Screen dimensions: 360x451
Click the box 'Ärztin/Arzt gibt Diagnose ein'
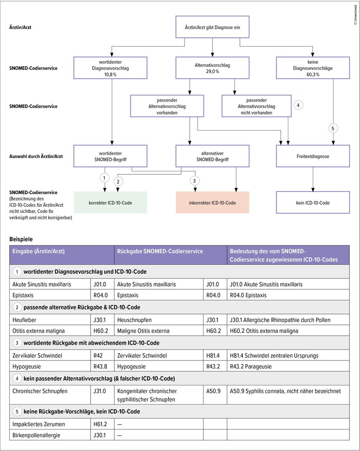coord(212,27)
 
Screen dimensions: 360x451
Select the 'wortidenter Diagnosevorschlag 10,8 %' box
coord(110,68)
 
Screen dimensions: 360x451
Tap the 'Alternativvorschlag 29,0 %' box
coord(212,68)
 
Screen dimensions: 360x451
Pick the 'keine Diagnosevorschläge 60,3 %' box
coord(313,68)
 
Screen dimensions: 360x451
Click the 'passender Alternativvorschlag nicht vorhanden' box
coord(256,106)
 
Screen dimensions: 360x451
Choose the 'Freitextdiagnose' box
coord(313,156)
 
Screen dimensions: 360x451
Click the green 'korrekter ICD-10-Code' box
coord(110,203)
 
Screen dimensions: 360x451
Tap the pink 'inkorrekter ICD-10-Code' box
coord(212,203)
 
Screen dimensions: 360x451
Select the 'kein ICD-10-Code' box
coord(313,203)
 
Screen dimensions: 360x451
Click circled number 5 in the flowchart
coord(333,128)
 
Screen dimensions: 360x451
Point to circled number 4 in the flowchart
coord(298,105)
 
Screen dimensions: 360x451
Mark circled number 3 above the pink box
coord(194,181)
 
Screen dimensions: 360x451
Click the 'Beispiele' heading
coord(21,239)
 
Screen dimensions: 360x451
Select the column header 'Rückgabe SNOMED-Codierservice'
coord(160,251)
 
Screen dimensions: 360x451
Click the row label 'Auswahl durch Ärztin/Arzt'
coord(36,156)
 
